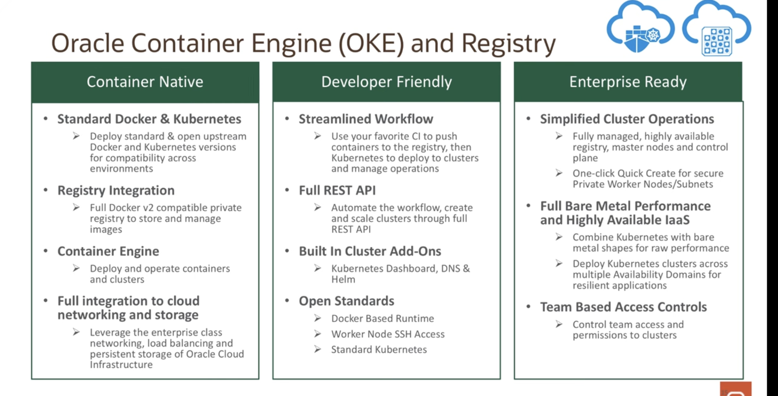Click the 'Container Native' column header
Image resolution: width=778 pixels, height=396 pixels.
tap(145, 82)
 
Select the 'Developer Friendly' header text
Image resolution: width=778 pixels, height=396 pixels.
tap(387, 82)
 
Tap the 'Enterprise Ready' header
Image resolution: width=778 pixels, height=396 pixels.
tap(628, 82)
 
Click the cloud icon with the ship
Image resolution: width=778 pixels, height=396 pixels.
tap(640, 30)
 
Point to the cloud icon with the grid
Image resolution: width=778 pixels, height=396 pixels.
tap(717, 31)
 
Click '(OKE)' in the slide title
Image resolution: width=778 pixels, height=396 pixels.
tap(371, 43)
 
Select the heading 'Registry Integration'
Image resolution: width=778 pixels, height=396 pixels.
tap(116, 190)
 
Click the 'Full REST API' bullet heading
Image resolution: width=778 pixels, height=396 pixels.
tap(337, 190)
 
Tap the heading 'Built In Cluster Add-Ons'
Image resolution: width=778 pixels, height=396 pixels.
tap(370, 251)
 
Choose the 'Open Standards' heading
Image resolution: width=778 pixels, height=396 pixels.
tap(347, 301)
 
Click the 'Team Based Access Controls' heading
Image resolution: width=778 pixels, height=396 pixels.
tap(624, 307)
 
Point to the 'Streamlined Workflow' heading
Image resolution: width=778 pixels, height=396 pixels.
tap(366, 119)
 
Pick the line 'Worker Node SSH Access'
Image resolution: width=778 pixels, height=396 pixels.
tap(388, 334)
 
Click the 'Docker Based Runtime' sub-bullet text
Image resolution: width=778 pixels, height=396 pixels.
tap(383, 318)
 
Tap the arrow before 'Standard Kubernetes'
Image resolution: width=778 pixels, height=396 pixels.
tap(318, 349)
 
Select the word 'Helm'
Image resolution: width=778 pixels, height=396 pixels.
tap(343, 279)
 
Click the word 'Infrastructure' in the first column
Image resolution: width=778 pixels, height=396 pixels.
tap(121, 365)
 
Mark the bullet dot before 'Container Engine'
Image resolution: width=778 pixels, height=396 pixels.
tap(46, 251)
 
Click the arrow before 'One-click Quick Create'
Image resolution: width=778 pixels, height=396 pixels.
tap(559, 173)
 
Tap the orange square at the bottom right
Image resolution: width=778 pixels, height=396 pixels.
tap(736, 389)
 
